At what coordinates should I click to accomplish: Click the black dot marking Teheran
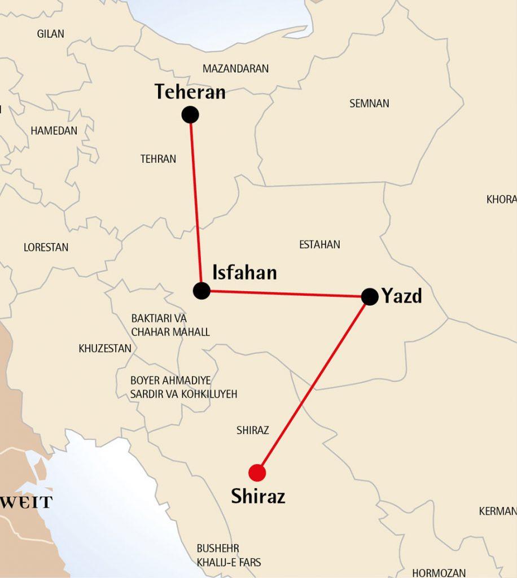(190, 115)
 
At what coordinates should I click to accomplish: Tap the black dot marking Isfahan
(201, 291)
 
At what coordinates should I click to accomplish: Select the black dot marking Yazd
(370, 296)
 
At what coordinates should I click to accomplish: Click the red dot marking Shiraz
(257, 472)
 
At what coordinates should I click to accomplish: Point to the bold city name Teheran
(190, 92)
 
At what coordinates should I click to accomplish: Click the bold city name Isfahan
(244, 273)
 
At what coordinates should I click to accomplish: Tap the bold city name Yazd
(402, 296)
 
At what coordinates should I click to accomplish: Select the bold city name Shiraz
(258, 496)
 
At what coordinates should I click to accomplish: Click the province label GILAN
(51, 34)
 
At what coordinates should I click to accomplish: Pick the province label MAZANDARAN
(235, 69)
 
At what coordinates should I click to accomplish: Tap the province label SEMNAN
(369, 103)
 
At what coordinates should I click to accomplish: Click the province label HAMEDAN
(54, 130)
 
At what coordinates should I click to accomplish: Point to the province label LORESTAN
(46, 247)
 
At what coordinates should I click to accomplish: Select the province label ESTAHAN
(319, 244)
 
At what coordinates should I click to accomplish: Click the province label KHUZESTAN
(105, 348)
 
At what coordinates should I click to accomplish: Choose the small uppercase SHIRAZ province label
(253, 430)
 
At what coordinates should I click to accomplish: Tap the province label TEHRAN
(158, 159)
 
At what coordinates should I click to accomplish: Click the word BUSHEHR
(218, 548)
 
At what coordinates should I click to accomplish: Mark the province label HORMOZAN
(439, 572)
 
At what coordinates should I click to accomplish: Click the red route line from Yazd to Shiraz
(313, 384)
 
